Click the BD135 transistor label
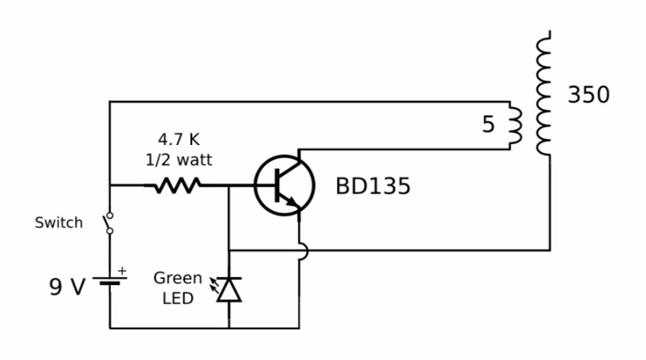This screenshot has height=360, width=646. (x=372, y=186)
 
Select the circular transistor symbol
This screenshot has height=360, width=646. (x=284, y=185)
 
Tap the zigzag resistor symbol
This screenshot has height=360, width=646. (x=178, y=185)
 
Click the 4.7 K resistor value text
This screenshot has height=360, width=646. (x=179, y=139)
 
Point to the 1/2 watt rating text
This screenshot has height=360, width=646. (x=179, y=159)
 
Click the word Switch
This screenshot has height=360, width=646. (x=59, y=223)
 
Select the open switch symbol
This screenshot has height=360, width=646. (x=109, y=223)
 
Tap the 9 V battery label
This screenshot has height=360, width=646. (x=67, y=287)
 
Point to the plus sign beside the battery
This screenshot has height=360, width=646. (x=122, y=270)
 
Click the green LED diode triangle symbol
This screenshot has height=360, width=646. (x=229, y=289)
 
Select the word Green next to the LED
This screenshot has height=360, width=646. (x=178, y=278)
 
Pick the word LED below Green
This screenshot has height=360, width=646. (x=178, y=299)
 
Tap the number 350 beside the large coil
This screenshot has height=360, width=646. (x=589, y=95)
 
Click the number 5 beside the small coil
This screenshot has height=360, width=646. (x=488, y=125)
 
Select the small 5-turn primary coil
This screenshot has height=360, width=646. (x=515, y=126)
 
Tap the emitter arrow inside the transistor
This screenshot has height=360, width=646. (x=292, y=201)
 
